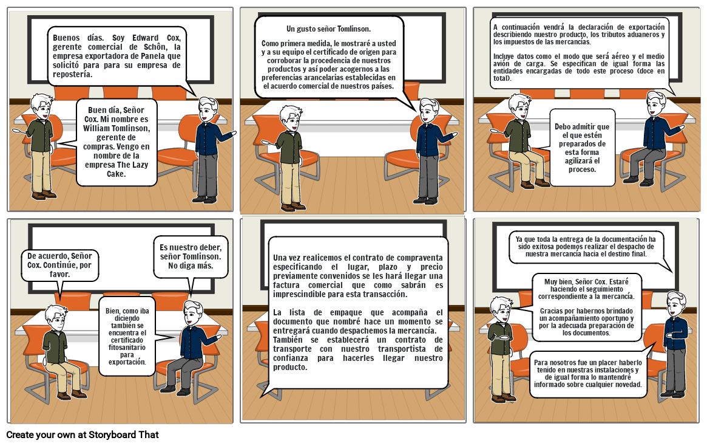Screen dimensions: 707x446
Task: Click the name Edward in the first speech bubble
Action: point(145,38)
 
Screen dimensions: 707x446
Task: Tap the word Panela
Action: point(154,56)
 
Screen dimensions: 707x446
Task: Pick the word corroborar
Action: point(284,61)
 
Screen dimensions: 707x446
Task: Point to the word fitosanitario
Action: point(127,347)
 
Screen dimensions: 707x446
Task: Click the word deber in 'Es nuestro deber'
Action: point(209,247)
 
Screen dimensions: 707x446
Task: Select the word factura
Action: point(286,286)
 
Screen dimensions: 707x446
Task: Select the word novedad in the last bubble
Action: point(626,385)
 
